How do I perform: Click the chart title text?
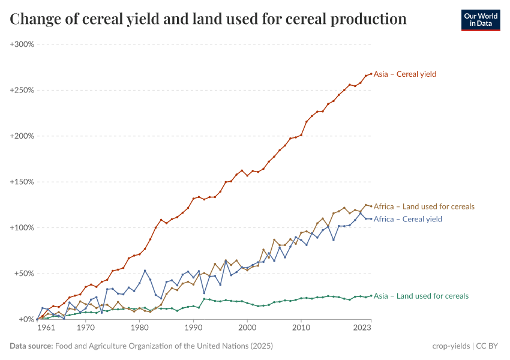click(208, 19)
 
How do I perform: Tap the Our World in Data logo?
click(480, 20)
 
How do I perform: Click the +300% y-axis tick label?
click(22, 44)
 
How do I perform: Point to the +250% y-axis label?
click(22, 90)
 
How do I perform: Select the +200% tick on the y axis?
click(22, 136)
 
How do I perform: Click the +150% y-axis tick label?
click(22, 182)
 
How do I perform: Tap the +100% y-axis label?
click(22, 228)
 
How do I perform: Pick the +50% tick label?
click(23, 274)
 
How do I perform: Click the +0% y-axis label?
click(26, 319)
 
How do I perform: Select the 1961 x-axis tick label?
click(46, 328)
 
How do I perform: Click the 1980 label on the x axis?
click(139, 328)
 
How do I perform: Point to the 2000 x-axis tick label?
click(247, 328)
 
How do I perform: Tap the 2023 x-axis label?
click(362, 328)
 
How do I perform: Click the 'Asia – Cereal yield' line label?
click(404, 74)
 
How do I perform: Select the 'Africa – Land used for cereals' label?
click(424, 206)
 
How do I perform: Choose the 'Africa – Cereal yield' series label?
click(407, 219)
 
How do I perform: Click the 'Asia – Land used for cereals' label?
click(421, 296)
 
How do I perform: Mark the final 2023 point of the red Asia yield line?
click(371, 74)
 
